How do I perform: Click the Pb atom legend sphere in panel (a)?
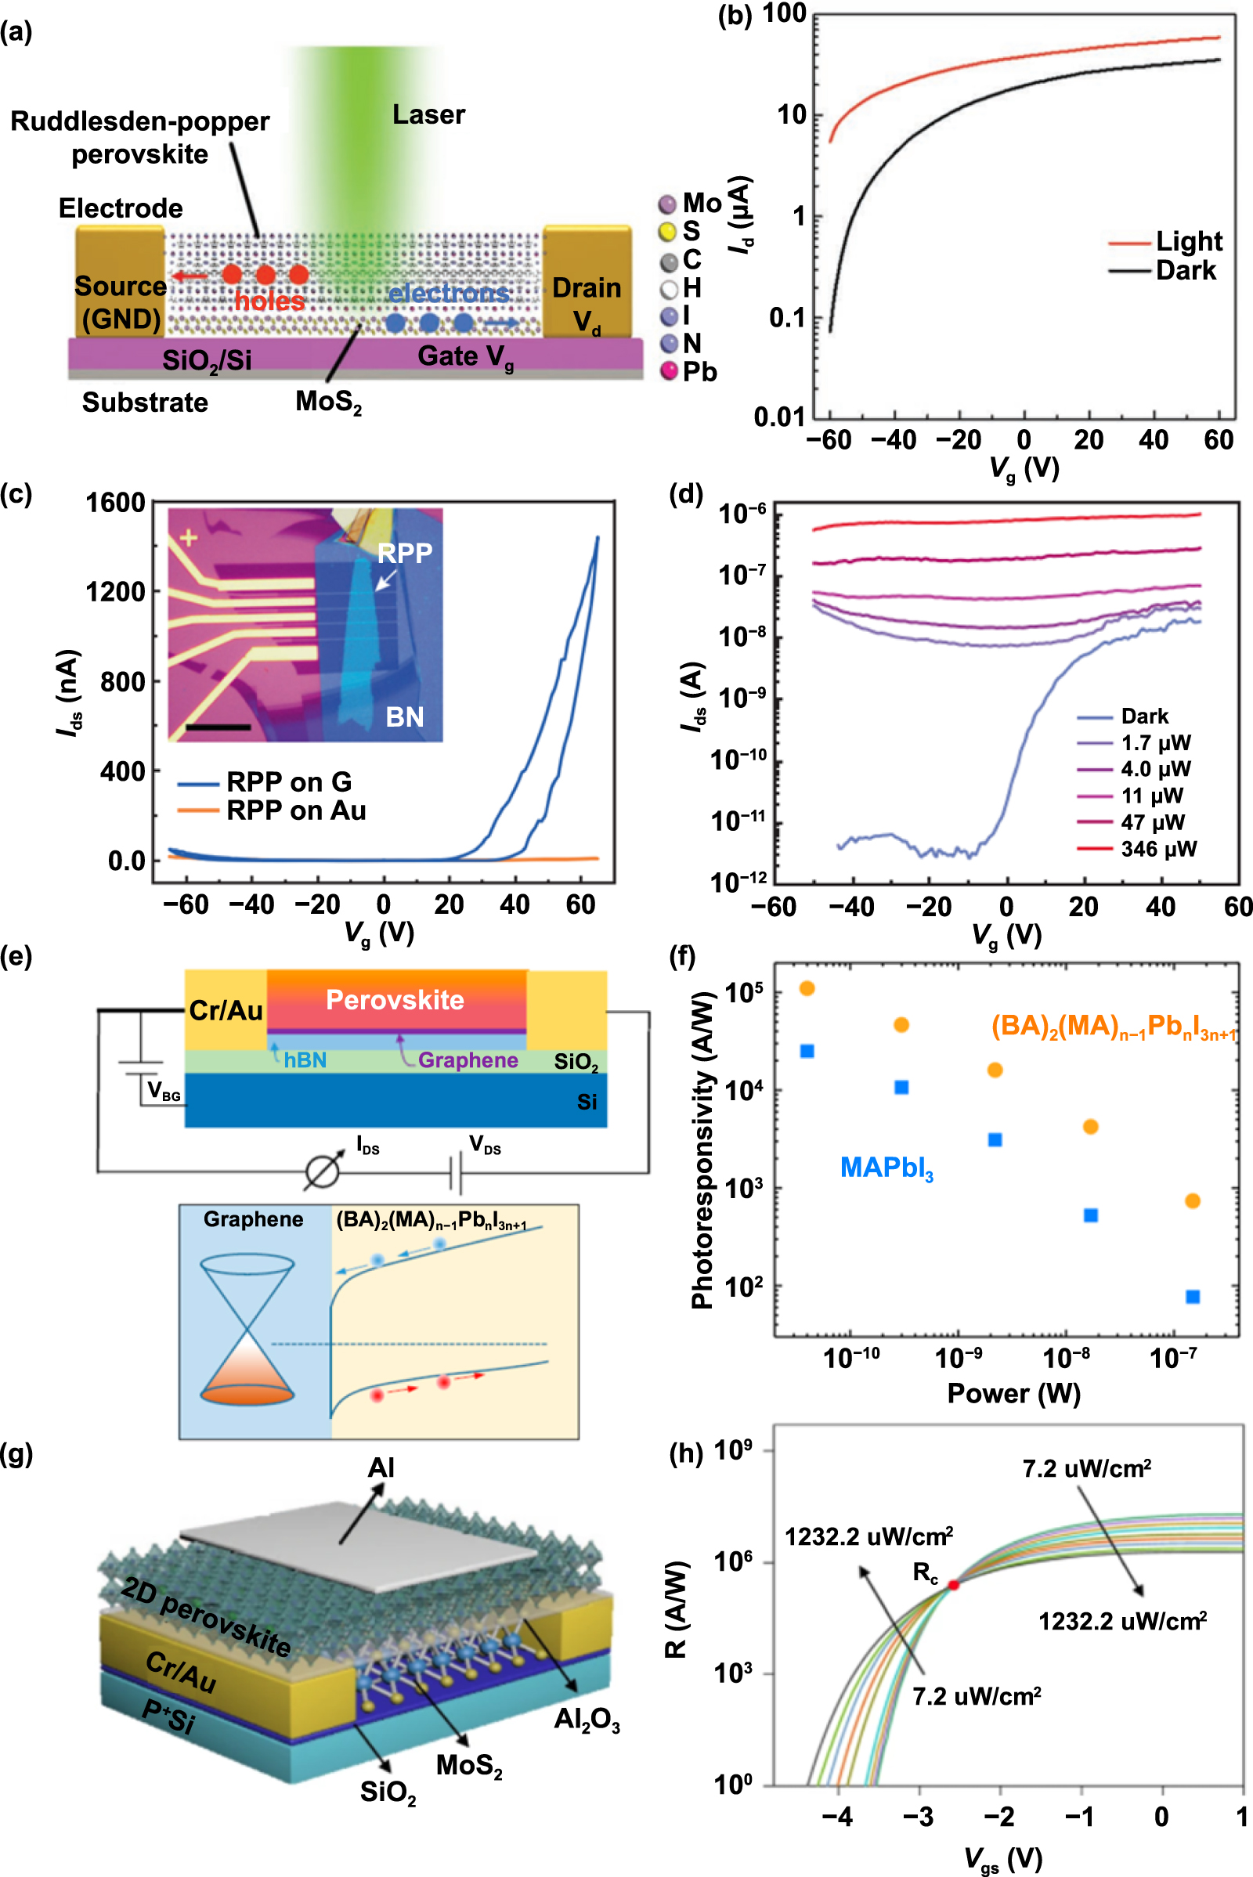pyautogui.click(x=669, y=372)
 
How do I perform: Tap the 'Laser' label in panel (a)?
pyautogui.click(x=428, y=115)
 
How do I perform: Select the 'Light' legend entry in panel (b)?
pyautogui.click(x=1187, y=241)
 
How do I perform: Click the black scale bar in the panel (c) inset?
pyautogui.click(x=218, y=727)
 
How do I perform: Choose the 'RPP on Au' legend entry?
pyautogui.click(x=296, y=810)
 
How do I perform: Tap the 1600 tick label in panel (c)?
pyautogui.click(x=115, y=503)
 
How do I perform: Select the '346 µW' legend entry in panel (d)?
pyautogui.click(x=1158, y=849)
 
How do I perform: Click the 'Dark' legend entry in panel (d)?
pyautogui.click(x=1143, y=716)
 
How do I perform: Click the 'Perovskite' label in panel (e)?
pyautogui.click(x=395, y=1000)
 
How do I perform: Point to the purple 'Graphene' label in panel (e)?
pyautogui.click(x=468, y=1060)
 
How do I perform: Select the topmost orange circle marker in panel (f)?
pyautogui.click(x=807, y=988)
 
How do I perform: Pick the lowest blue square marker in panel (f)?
pyautogui.click(x=1192, y=1297)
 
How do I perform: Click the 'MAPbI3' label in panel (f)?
pyautogui.click(x=886, y=1168)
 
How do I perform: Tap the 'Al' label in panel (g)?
pyautogui.click(x=381, y=1468)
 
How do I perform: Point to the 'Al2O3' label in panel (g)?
pyautogui.click(x=587, y=1719)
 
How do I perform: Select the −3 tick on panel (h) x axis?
pyautogui.click(x=918, y=1816)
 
